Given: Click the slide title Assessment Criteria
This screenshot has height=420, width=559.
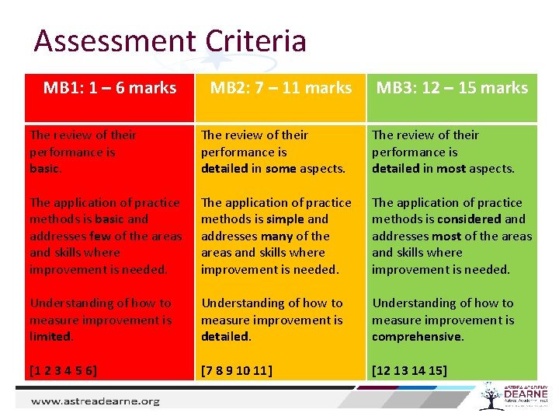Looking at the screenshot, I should [170, 40].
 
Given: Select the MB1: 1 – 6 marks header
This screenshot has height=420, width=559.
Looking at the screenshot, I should [109, 88].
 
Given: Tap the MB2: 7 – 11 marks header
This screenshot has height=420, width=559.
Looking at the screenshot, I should [280, 88].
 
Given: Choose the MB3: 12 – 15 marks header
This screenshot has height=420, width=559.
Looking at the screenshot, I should [452, 88].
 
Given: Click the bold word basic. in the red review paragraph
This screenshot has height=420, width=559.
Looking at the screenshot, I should [46, 169].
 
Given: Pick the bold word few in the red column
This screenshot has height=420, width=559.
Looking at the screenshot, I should [101, 236].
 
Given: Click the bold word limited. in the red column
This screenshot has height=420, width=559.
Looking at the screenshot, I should [51, 337].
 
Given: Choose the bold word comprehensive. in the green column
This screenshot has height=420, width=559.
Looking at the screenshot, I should [418, 337].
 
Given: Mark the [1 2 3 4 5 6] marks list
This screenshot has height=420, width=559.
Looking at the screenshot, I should [64, 370].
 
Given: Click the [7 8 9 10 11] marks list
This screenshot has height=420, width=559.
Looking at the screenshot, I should [237, 370].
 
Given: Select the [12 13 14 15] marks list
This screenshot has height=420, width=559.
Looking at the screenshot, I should [409, 370].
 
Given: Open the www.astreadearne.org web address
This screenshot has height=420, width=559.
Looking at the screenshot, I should [95, 401].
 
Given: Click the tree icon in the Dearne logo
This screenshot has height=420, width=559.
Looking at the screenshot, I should [491, 395].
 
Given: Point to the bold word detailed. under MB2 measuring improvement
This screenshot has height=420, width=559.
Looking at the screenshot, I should [226, 337].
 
